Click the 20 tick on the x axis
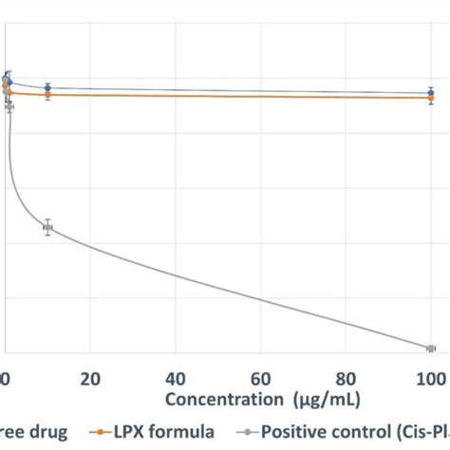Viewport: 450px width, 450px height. pyautogui.click(x=90, y=378)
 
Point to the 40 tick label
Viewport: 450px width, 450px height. pyautogui.click(x=176, y=378)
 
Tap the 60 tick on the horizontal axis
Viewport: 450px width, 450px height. pyautogui.click(x=261, y=378)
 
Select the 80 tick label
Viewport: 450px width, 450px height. pyautogui.click(x=347, y=378)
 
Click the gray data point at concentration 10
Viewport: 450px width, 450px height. pyautogui.click(x=47, y=227)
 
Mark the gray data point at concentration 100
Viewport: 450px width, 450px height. pyautogui.click(x=430, y=348)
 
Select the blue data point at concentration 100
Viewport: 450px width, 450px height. pyautogui.click(x=430, y=93)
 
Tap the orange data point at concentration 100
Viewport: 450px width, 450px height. pyautogui.click(x=430, y=98)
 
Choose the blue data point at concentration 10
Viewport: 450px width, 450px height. pyautogui.click(x=47, y=87)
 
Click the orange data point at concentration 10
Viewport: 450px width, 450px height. pyautogui.click(x=47, y=94)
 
